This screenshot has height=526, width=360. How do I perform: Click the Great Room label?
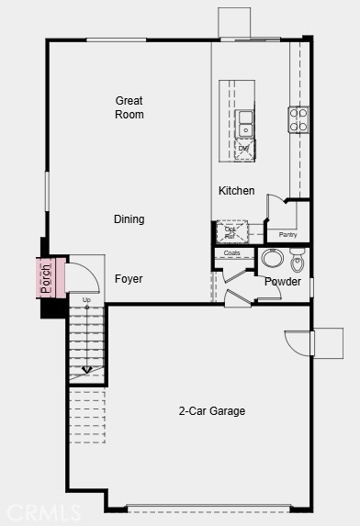tap(129, 107)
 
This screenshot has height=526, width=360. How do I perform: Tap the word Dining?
tap(129, 219)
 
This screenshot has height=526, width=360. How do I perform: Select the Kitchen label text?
tap(236, 191)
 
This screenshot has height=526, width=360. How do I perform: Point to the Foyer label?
tap(129, 279)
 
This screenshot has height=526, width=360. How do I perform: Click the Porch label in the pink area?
tap(46, 278)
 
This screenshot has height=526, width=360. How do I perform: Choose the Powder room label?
tap(283, 282)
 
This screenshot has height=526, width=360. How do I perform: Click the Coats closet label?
tap(232, 253)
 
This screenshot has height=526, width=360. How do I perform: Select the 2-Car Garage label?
tap(212, 411)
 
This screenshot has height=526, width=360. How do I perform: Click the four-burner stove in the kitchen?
tap(299, 119)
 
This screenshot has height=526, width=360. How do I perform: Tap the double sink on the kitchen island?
tap(245, 123)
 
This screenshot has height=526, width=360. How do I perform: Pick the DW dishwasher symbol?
tap(244, 149)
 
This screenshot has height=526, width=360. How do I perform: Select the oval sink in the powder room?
tap(273, 258)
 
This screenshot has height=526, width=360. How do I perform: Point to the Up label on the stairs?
tap(87, 300)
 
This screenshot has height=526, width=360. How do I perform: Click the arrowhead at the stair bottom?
tap(87, 370)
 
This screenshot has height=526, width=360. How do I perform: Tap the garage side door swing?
tap(299, 342)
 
